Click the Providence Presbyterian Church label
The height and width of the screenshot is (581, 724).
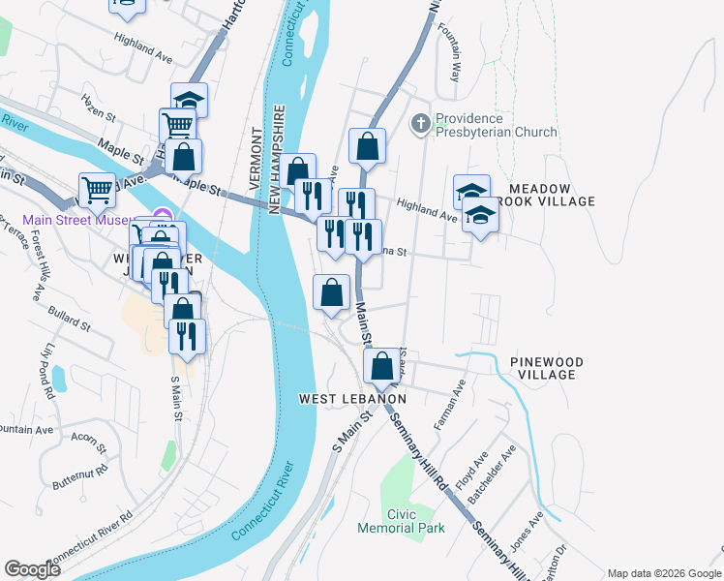(x=496, y=125)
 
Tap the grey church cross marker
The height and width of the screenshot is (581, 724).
(x=420, y=123)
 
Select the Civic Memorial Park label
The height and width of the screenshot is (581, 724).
(x=401, y=521)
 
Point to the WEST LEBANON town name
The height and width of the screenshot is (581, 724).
(x=351, y=399)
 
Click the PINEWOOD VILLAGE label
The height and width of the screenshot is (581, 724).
(x=547, y=368)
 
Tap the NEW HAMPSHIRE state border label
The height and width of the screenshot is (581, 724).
(x=277, y=160)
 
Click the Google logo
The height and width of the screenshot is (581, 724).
(x=32, y=569)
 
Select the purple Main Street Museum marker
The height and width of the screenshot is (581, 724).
(x=163, y=217)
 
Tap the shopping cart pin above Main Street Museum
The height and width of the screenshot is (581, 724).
(x=98, y=189)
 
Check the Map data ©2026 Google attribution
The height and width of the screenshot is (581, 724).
(x=663, y=573)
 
